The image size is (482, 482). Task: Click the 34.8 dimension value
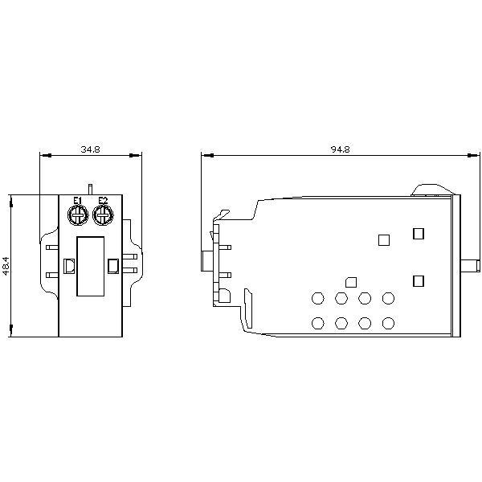(90, 149)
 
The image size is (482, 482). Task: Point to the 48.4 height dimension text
(6, 266)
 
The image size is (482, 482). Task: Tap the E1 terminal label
(78, 201)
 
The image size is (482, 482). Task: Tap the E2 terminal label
(102, 201)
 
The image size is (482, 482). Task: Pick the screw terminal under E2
(102, 214)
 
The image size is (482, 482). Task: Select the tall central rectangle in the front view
(90, 266)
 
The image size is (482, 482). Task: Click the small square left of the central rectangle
(69, 266)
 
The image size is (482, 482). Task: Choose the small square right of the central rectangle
(112, 266)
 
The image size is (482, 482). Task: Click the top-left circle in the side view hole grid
(317, 299)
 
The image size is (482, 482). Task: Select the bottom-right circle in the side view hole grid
(389, 324)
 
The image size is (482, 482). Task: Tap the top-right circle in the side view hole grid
(389, 299)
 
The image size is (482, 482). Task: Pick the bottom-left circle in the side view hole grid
(317, 324)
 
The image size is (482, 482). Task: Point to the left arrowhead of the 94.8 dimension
(205, 156)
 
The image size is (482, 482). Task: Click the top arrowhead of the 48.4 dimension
(12, 198)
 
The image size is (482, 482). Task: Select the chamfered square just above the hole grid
(349, 282)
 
